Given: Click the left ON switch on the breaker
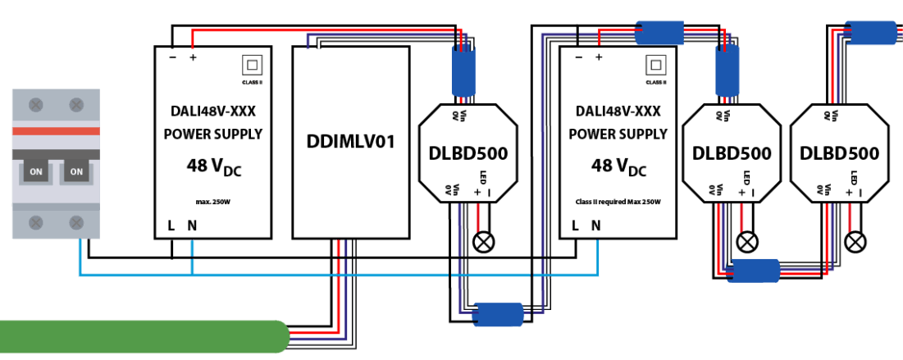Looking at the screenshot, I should click(x=36, y=171).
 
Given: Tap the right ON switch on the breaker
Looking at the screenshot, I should click(x=76, y=171).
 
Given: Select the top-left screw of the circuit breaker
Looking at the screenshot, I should click(x=36, y=105).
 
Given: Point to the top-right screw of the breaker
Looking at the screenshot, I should click(x=76, y=105).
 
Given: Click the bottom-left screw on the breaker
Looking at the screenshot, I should click(x=36, y=222).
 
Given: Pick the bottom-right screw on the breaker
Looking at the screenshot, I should click(x=76, y=222).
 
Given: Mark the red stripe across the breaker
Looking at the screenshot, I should click(x=56, y=131).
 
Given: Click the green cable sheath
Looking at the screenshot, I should click(x=139, y=337).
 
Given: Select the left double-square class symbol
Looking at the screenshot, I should click(x=252, y=65).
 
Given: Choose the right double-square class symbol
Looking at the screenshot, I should click(x=655, y=65).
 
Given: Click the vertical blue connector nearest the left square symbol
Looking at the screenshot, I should click(x=463, y=71).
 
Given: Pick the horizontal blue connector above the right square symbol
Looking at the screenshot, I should click(x=659, y=33).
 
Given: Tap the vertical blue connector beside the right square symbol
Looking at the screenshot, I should click(x=727, y=71).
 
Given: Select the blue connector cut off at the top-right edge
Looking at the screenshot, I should click(x=871, y=33).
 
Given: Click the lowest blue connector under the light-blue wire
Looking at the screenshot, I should click(x=499, y=314).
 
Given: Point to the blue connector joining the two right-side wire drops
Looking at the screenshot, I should click(x=755, y=270).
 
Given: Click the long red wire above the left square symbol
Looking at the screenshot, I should click(x=320, y=30).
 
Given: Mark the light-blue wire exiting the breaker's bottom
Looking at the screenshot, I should click(x=80, y=256).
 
